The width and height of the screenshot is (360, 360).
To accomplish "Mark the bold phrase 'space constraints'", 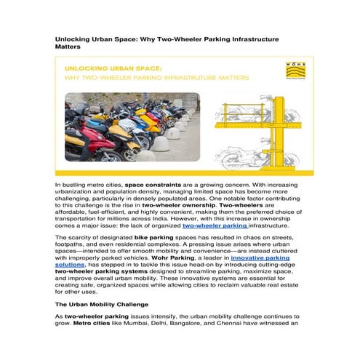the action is click(154, 186).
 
